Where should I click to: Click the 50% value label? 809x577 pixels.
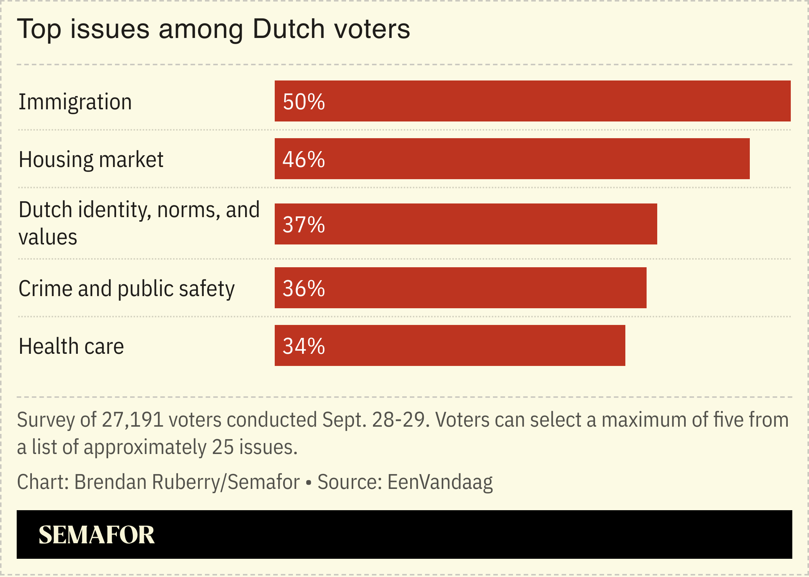point(304,102)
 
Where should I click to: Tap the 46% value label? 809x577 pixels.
point(304,159)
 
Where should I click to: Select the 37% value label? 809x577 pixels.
point(304,225)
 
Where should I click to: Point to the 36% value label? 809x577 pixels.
point(304,288)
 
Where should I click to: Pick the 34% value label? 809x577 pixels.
point(304,346)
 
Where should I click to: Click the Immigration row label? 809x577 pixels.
point(75,102)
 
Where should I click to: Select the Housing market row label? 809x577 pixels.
point(91,159)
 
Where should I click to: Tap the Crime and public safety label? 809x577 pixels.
point(126,288)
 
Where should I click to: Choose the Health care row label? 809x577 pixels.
point(71,346)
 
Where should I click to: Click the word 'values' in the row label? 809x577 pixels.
point(48,237)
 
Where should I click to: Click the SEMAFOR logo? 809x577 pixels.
point(96,534)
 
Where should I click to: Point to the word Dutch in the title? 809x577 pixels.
point(288,29)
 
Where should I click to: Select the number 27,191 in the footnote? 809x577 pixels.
point(132,420)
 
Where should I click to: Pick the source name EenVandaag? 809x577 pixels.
point(440,482)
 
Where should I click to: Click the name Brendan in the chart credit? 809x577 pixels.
point(110,482)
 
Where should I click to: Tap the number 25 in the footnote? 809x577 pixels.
point(223,447)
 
